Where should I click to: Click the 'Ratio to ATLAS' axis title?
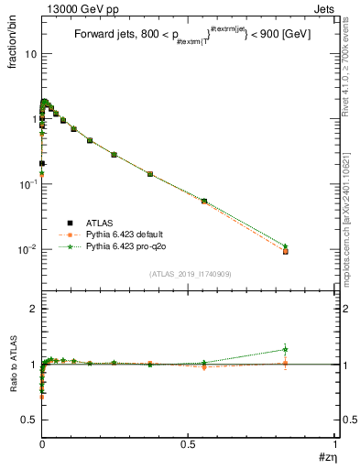[x=13, y=365]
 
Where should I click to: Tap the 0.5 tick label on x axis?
[x=188, y=443]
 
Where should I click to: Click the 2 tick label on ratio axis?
[x=33, y=309]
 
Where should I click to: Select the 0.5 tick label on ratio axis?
[x=28, y=420]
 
